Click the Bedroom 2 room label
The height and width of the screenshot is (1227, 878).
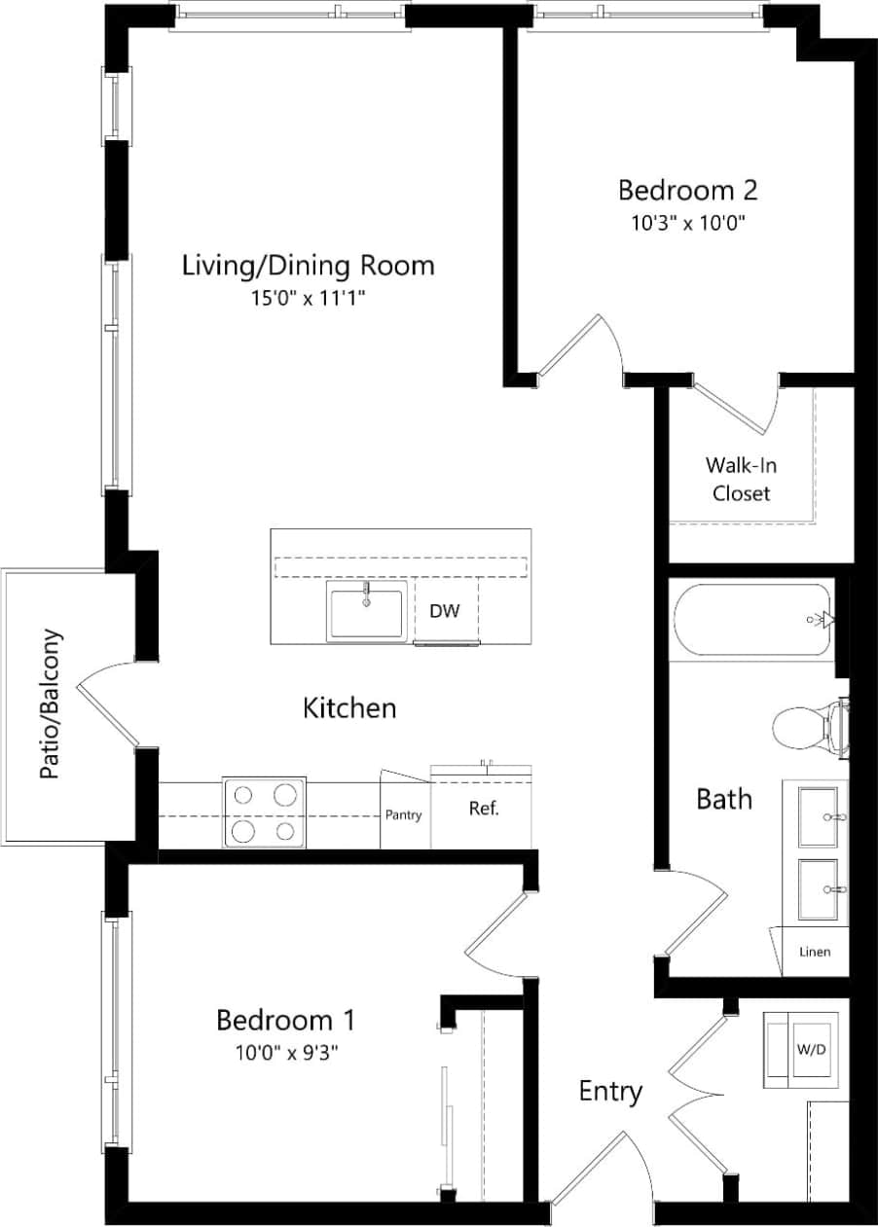click(687, 189)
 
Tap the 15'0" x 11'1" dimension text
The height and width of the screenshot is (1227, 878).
click(308, 299)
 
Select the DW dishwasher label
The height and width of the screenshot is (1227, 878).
click(445, 611)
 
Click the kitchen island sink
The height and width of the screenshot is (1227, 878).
click(367, 613)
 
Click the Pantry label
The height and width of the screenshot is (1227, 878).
click(403, 814)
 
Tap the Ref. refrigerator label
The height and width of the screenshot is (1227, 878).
click(483, 809)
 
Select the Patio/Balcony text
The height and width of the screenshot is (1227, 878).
click(52, 704)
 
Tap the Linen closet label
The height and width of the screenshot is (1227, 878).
click(814, 951)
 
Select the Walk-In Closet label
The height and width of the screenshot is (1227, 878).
click(741, 479)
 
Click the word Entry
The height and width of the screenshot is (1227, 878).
click(610, 1091)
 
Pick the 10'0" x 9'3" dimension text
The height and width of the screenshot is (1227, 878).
click(284, 1052)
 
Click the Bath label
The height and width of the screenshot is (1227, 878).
click(724, 799)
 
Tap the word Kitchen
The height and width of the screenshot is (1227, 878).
click(349, 707)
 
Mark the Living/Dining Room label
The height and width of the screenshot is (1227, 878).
click(308, 265)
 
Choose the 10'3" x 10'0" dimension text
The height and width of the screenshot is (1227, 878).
click(687, 222)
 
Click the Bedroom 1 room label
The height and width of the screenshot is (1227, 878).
click(284, 1020)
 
